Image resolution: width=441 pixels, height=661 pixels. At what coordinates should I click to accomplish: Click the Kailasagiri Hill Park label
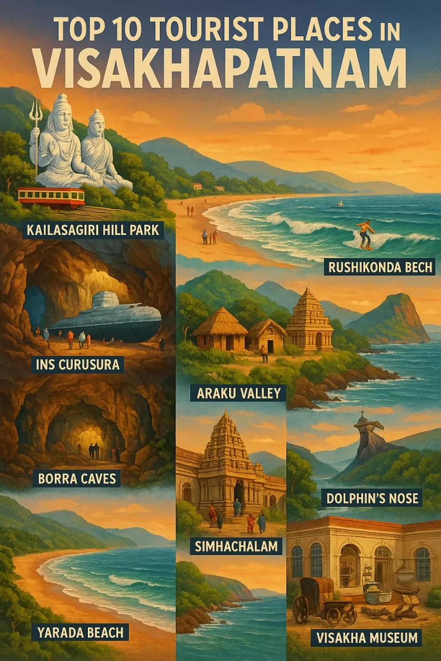coord(93,229)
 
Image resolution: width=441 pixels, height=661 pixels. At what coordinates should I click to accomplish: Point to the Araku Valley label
coord(238,393)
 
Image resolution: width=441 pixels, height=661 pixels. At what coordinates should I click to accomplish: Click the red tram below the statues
coord(51,197)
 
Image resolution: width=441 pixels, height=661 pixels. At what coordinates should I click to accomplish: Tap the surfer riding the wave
coord(366,232)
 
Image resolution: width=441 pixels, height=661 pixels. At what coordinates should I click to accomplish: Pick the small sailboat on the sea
coord(340,203)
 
